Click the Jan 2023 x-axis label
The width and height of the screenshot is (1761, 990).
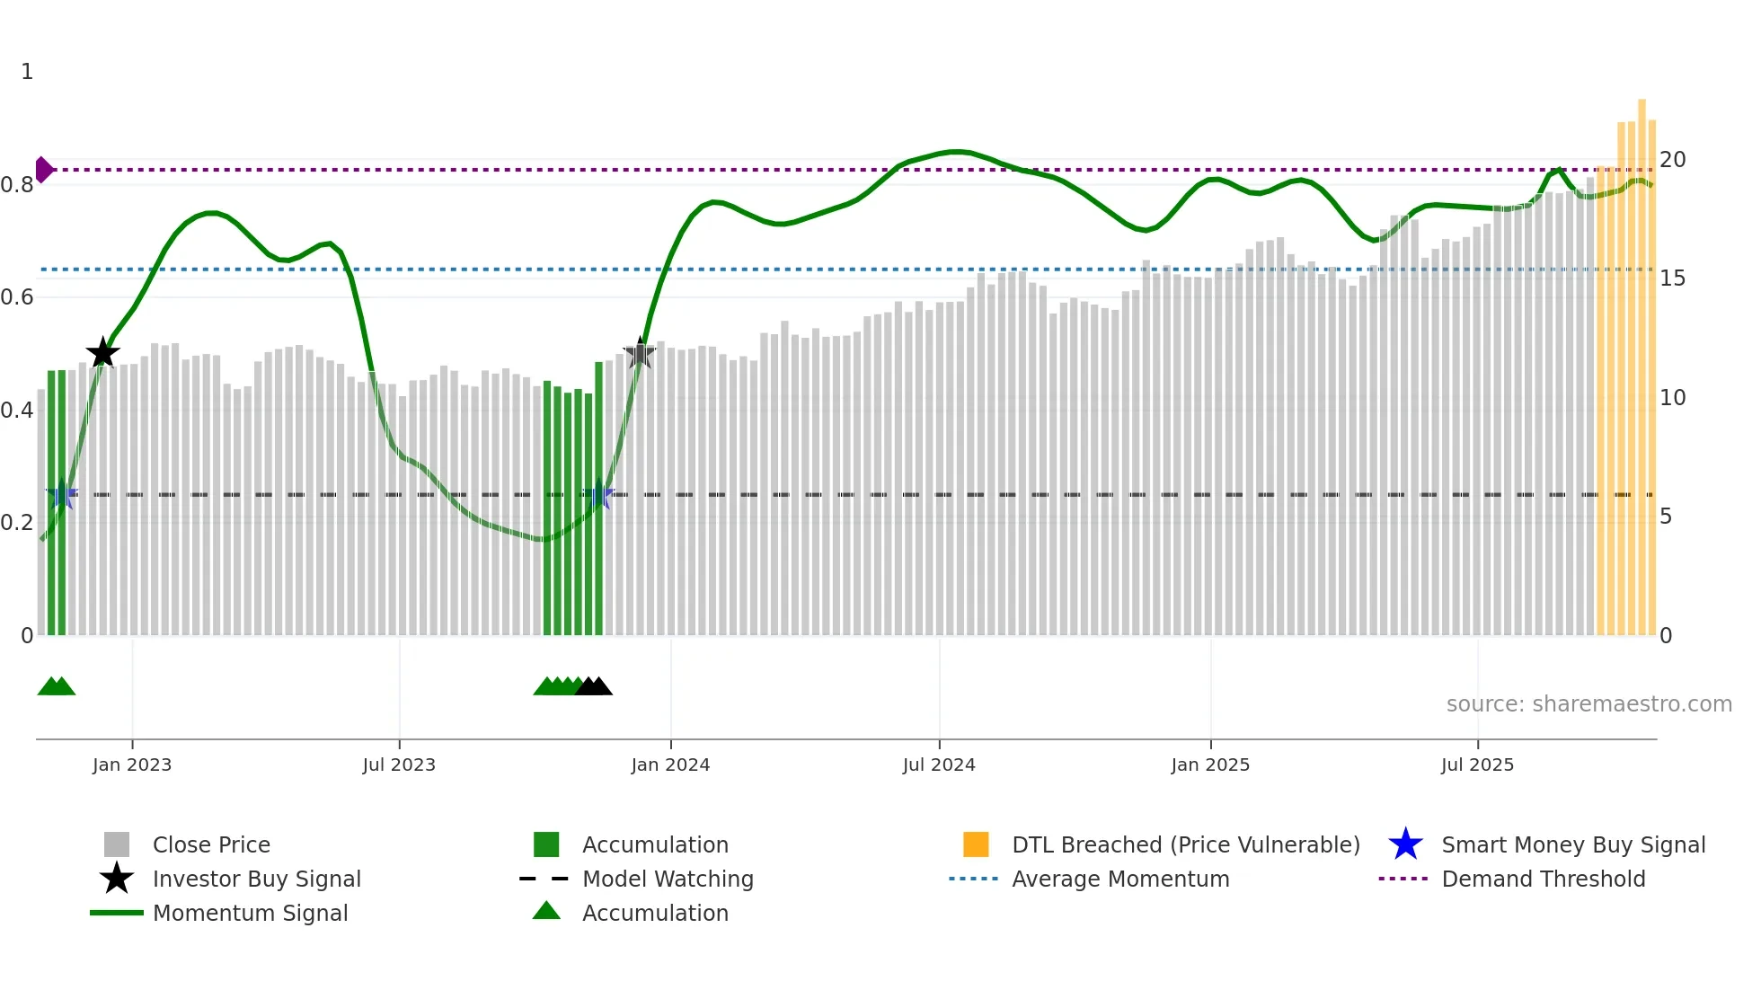(x=132, y=765)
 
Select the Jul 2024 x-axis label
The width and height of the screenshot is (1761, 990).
(x=939, y=765)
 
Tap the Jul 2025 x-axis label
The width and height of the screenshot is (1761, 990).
(x=1477, y=765)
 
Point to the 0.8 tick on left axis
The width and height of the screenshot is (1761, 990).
(x=17, y=185)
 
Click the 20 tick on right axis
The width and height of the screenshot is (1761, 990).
(x=1672, y=160)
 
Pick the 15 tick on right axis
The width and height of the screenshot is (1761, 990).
(x=1672, y=278)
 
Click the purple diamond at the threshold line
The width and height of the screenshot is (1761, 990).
(x=43, y=169)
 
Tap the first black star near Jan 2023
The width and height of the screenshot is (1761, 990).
(x=103, y=353)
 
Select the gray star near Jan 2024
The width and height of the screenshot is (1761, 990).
(x=639, y=354)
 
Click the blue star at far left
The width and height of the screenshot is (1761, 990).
(x=61, y=494)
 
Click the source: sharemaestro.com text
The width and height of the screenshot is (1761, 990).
(x=1588, y=704)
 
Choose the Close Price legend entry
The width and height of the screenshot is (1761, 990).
(x=211, y=844)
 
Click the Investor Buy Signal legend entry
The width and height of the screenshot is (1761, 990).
(x=256, y=879)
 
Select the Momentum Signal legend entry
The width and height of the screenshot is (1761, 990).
(x=250, y=913)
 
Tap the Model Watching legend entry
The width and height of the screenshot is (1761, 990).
(x=668, y=879)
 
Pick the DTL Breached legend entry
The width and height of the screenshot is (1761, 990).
(x=1185, y=844)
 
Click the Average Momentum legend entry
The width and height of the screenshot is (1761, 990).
(x=1120, y=879)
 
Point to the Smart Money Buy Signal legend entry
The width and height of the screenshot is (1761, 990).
(x=1572, y=844)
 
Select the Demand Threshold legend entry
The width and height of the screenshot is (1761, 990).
(x=1543, y=879)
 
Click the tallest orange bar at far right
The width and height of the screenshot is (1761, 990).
(x=1642, y=359)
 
